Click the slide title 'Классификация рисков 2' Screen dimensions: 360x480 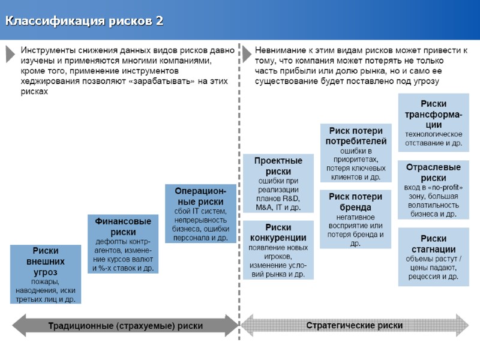tap(84, 22)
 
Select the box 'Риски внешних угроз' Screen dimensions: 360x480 tap(46, 274)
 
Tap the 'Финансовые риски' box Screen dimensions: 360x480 tap(123, 244)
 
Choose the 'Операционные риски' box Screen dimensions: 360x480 tap(200, 214)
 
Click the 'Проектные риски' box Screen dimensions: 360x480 tap(278, 183)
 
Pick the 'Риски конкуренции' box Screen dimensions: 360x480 tap(278, 250)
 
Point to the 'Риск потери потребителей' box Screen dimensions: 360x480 tap(356, 153)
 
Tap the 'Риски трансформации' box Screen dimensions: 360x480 tap(433, 123)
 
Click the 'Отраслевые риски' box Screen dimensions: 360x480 tap(433, 190)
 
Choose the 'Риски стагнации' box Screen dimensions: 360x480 tap(433, 257)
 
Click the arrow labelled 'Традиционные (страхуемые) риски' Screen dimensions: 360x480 tap(125, 326)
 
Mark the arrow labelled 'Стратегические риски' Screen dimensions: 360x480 tap(355, 326)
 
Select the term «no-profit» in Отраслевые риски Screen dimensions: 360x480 tap(446, 187)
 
